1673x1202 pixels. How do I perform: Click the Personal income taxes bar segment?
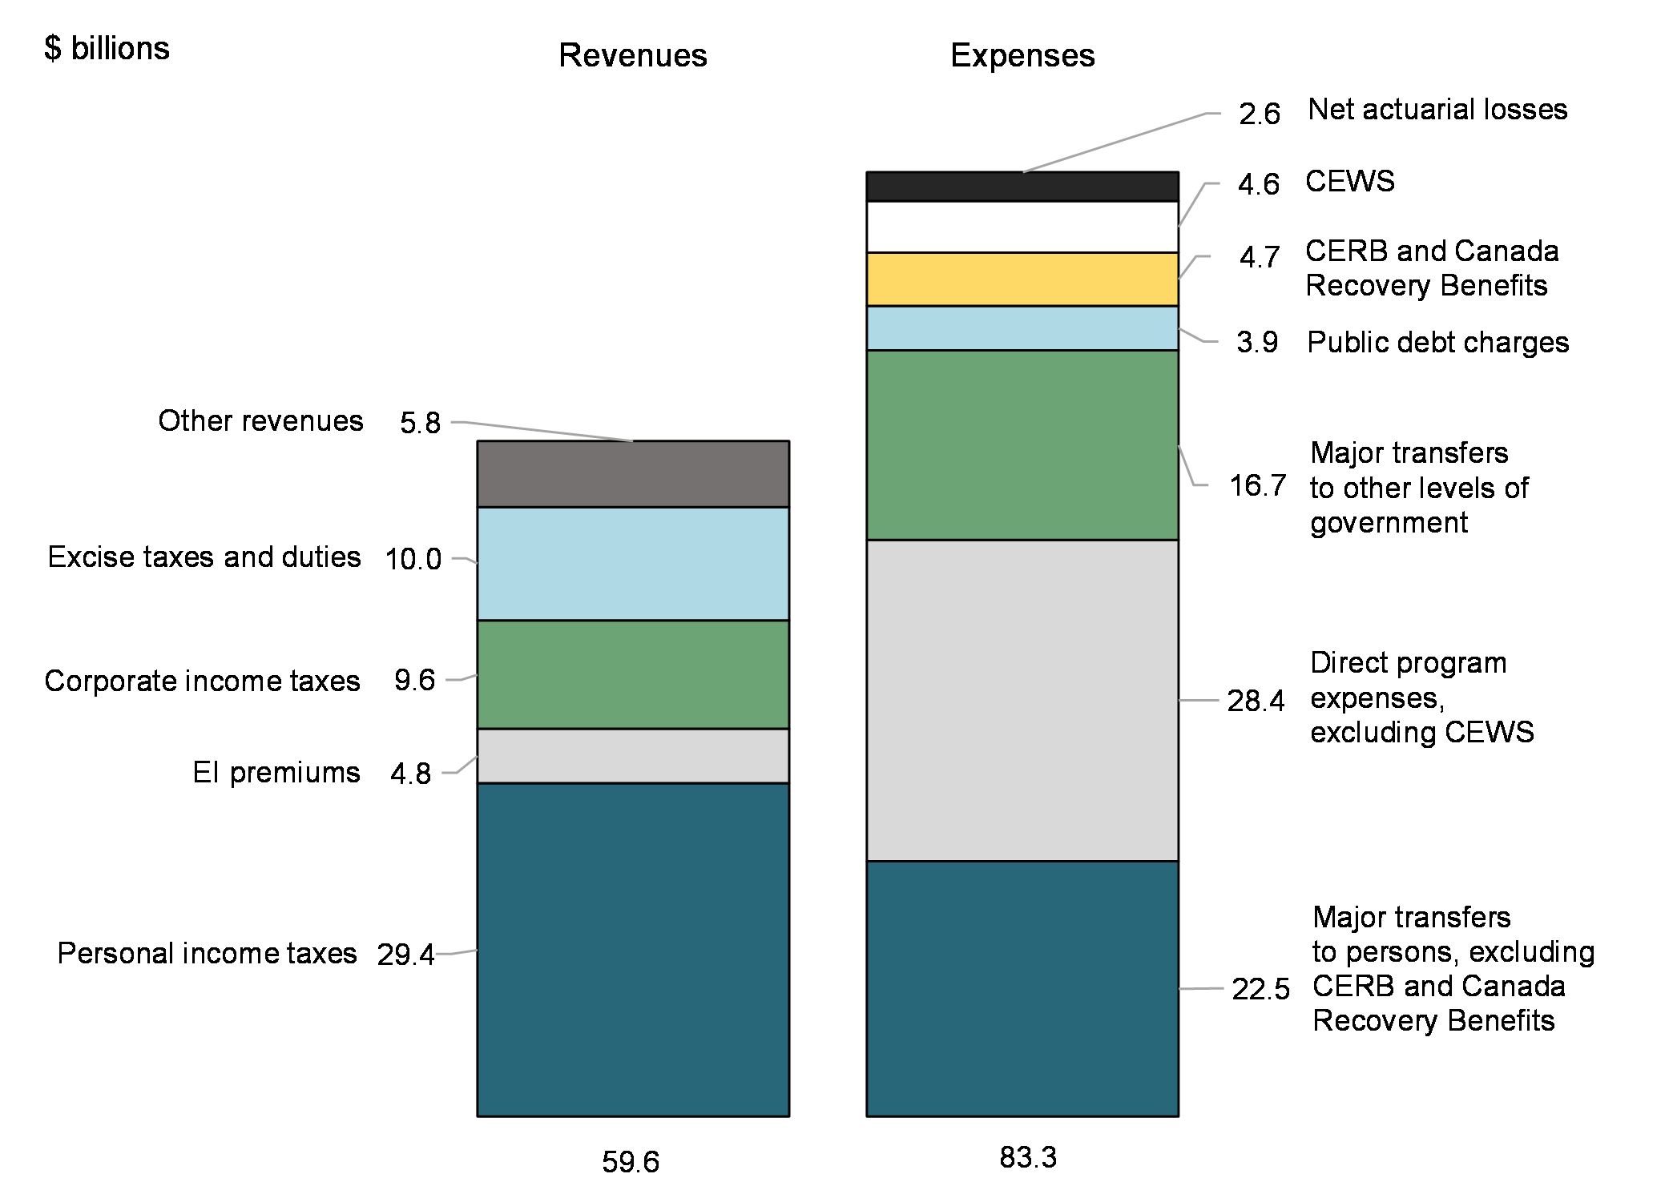(633, 949)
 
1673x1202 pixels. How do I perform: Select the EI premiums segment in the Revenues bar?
(633, 755)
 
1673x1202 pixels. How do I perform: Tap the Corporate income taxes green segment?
(633, 673)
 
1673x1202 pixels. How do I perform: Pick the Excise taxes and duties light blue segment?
(633, 563)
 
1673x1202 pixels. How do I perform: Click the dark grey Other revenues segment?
(633, 473)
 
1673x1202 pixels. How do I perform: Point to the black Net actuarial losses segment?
(1022, 186)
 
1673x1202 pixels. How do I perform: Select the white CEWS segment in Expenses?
(1022, 227)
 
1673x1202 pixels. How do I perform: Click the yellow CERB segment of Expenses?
(1022, 279)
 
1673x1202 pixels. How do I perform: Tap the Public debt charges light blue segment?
(1022, 328)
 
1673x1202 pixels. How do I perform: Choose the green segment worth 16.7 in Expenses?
(1022, 444)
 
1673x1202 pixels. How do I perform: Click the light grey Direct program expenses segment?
(1022, 700)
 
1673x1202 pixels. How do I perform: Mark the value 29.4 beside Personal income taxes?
(405, 955)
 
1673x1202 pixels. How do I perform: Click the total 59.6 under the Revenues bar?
(631, 1162)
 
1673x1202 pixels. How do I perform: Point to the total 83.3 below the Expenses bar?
(1028, 1157)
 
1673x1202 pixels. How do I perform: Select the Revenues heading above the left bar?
(633, 55)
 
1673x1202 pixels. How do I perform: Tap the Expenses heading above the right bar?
(1022, 55)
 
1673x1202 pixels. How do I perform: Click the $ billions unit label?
(107, 49)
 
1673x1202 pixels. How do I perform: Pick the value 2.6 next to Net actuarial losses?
(1259, 114)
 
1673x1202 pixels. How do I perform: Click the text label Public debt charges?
(1437, 343)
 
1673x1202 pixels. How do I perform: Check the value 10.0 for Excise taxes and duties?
(413, 559)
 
